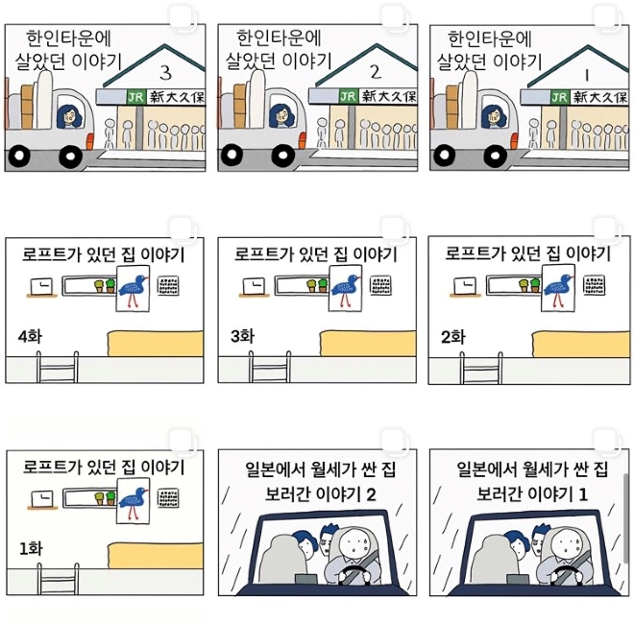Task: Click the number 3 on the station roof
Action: tap(165, 73)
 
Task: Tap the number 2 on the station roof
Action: tap(376, 72)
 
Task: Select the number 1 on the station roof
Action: tap(587, 75)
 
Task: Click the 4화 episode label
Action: tap(30, 337)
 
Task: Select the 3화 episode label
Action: tap(242, 336)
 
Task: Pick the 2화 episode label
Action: tap(452, 338)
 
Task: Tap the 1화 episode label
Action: tap(31, 549)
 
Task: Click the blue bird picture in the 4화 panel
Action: tap(133, 289)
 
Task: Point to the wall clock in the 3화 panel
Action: tap(254, 286)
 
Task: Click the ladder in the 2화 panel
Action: tap(481, 368)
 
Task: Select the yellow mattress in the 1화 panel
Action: tap(156, 556)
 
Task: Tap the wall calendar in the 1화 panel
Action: tap(168, 498)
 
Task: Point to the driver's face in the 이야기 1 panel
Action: tap(568, 543)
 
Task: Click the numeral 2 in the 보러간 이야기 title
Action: tap(371, 494)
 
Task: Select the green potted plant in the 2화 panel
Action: tap(534, 284)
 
